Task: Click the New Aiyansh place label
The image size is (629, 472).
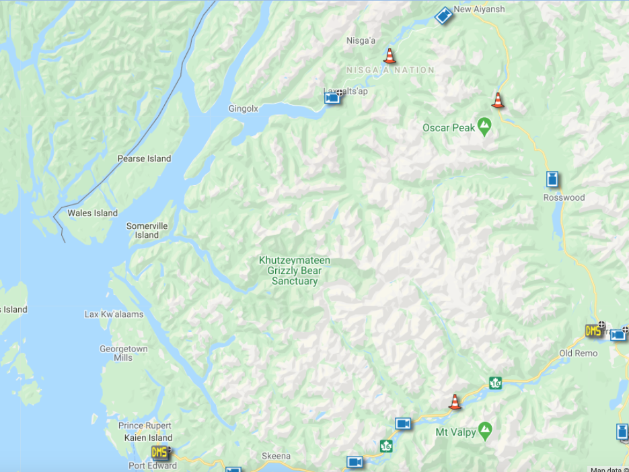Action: pyautogui.click(x=479, y=9)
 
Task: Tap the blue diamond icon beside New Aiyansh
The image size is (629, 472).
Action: pyautogui.click(x=443, y=15)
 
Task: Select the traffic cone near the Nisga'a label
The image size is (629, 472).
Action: pyautogui.click(x=389, y=55)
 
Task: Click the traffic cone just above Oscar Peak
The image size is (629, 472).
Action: pyautogui.click(x=497, y=100)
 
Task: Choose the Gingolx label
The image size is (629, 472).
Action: pyautogui.click(x=243, y=108)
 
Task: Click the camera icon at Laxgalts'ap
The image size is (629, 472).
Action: pyautogui.click(x=332, y=98)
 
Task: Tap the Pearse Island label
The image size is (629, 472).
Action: pyautogui.click(x=144, y=159)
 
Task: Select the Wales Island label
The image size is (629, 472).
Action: pyautogui.click(x=92, y=213)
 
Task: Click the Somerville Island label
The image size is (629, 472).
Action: pyautogui.click(x=147, y=230)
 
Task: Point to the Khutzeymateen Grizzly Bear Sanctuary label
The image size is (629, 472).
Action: pyautogui.click(x=295, y=271)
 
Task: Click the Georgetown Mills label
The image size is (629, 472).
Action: pyautogui.click(x=123, y=353)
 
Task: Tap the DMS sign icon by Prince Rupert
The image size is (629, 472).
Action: pyautogui.click(x=159, y=452)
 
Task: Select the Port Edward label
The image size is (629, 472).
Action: pyautogui.click(x=153, y=466)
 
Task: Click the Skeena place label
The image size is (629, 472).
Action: pyautogui.click(x=276, y=457)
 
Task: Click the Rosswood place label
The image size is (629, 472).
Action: pyautogui.click(x=564, y=198)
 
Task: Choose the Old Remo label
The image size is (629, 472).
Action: pyautogui.click(x=578, y=353)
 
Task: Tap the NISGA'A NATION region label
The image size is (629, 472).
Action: pyautogui.click(x=390, y=70)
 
